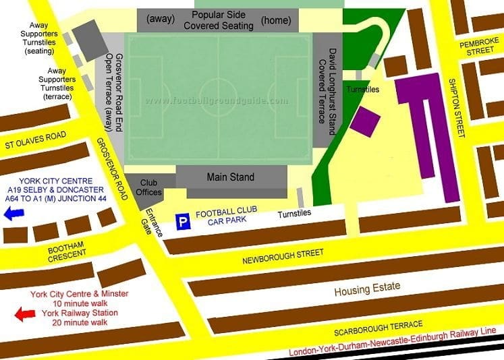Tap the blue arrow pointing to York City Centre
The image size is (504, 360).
(13, 214)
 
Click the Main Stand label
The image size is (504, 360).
(230, 177)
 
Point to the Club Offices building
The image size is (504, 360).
(150, 187)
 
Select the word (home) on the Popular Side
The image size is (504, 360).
(275, 19)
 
